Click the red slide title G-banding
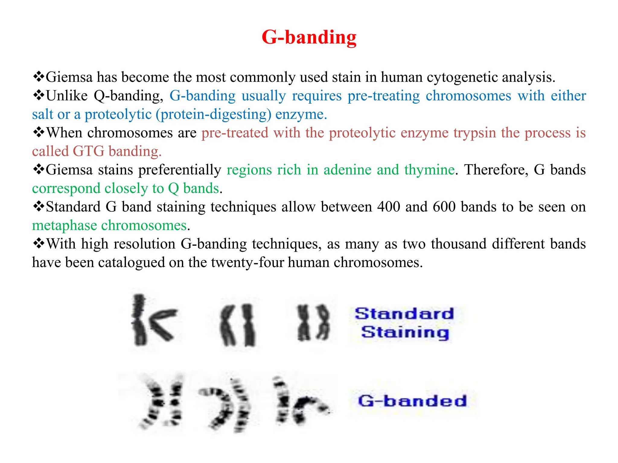(309, 37)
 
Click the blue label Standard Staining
(405, 323)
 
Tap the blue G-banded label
(412, 401)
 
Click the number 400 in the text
(388, 207)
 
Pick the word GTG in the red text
(88, 151)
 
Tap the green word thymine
(429, 170)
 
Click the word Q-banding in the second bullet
(128, 96)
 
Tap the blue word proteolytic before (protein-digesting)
(118, 115)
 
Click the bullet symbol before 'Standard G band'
(39, 207)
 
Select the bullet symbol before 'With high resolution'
(39, 244)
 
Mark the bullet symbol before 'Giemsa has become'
(39, 77)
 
